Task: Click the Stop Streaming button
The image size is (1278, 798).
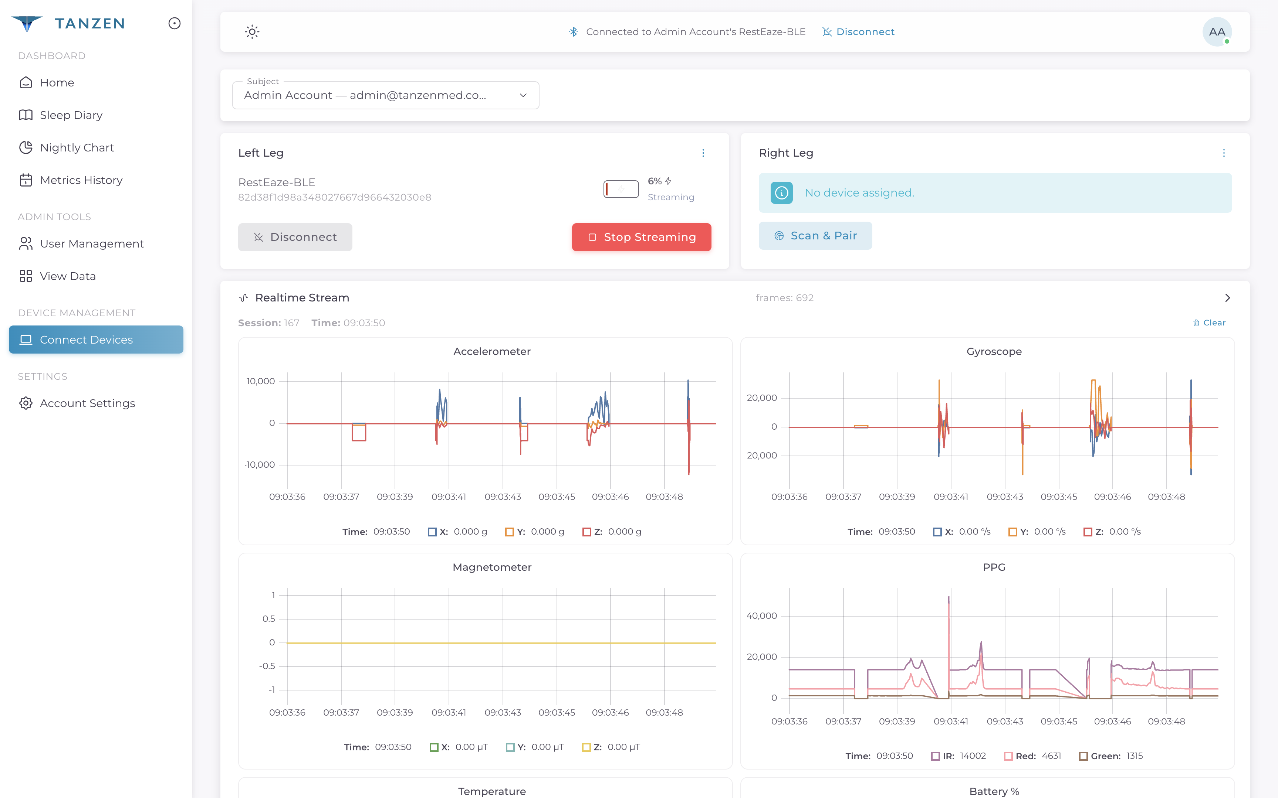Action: (641, 237)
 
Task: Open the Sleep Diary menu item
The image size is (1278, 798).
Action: (71, 115)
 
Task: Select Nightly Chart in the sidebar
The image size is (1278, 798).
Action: (77, 148)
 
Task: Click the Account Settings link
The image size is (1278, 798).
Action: (87, 403)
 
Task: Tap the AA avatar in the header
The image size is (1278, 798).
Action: (1216, 32)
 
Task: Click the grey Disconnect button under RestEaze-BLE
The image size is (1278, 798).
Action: (295, 237)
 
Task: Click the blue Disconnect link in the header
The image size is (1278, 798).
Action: (865, 32)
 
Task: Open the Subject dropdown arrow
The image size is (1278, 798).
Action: (523, 96)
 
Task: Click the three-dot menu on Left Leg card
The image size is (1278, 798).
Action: (703, 153)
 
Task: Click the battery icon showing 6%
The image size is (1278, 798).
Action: (621, 189)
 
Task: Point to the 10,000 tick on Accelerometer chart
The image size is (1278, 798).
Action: (260, 381)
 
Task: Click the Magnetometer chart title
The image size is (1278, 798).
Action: (492, 567)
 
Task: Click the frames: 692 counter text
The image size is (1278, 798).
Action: (784, 298)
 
